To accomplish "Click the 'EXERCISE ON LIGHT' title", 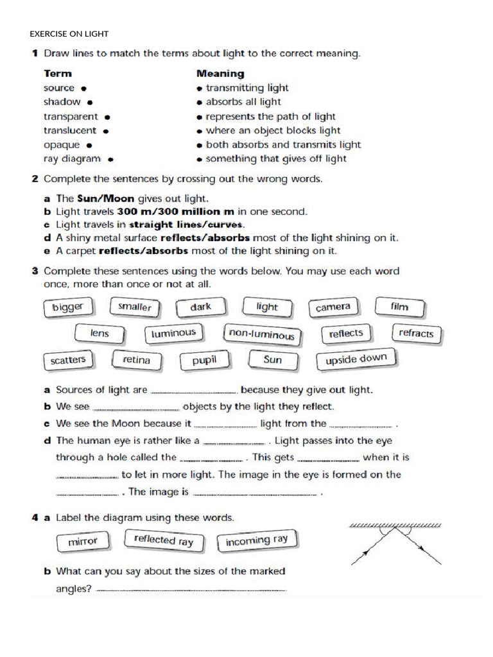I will [x=69, y=33].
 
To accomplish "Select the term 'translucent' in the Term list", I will [x=70, y=130].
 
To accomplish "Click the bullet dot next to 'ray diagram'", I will [x=111, y=159].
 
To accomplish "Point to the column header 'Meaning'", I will [x=220, y=73].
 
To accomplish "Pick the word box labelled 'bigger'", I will [x=68, y=307].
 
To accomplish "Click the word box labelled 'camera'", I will [x=333, y=308].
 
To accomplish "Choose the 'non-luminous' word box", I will [x=261, y=334].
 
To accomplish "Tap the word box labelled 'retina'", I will [x=136, y=361].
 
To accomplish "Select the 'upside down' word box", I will [x=356, y=359].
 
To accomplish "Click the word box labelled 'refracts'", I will [x=416, y=333].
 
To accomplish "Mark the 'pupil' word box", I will [x=204, y=361].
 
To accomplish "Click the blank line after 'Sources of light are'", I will [x=193, y=391].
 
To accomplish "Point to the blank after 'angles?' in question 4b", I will [x=190, y=590].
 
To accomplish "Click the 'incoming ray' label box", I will [x=257, y=541].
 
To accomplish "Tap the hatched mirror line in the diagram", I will [x=395, y=525].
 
